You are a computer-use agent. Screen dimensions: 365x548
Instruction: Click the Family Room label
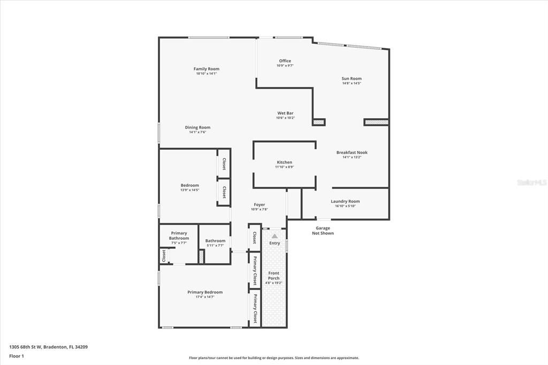coord(206,69)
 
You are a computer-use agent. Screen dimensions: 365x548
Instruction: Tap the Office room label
coord(285,61)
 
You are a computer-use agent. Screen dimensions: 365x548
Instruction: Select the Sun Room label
coord(352,79)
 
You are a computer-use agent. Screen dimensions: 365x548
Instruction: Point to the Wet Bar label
coord(285,113)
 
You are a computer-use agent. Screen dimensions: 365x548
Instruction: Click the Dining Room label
coord(197,127)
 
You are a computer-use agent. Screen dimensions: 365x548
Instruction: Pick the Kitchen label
coord(284,162)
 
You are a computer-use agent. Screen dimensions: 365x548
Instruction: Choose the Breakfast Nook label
coord(352,153)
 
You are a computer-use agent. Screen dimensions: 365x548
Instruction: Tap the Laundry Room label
coord(345,201)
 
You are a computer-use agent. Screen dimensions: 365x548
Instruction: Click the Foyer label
coord(259,204)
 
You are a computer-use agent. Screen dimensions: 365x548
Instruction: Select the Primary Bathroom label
coord(179,235)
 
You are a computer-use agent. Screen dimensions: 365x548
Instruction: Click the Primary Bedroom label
coord(205,292)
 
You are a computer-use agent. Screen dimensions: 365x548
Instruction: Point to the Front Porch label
coord(273,276)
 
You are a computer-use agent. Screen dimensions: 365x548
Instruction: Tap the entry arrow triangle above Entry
coord(275,235)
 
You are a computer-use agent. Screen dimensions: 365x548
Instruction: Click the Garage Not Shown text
coord(323,231)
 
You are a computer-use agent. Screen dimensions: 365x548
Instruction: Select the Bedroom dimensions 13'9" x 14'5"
coord(189,190)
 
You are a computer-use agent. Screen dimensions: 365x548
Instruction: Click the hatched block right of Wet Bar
coord(319,123)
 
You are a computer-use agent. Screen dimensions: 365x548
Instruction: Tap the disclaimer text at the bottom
coord(273,358)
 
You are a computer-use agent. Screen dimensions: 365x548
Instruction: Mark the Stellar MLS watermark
coord(531,182)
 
